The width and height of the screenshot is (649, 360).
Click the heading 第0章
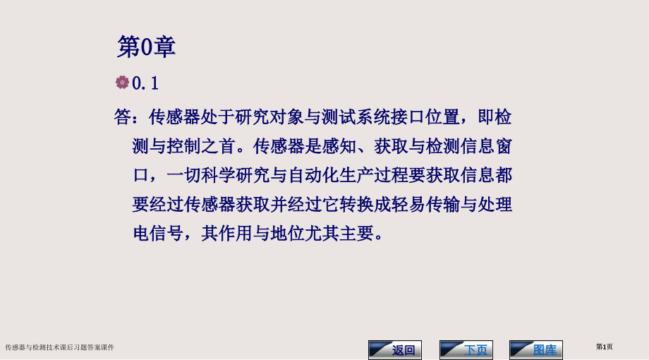[146, 47]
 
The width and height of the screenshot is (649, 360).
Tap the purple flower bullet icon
[123, 83]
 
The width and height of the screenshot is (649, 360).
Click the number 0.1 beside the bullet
[146, 83]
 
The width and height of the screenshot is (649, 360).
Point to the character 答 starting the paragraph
[123, 117]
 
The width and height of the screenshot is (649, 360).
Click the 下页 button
[466, 350]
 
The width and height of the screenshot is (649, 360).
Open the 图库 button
[536, 350]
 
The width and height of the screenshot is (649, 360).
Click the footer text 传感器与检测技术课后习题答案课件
[60, 347]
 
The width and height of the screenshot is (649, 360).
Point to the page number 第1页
[605, 347]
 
